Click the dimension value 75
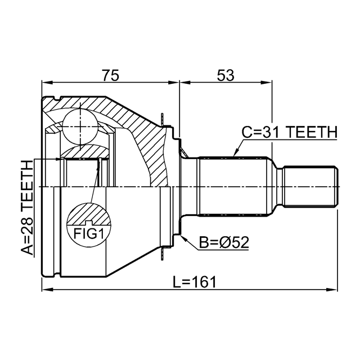click(111, 75)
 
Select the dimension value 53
click(226, 75)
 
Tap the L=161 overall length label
click(195, 282)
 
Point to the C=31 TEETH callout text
click(290, 132)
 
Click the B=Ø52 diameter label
click(224, 242)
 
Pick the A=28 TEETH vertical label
click(27, 208)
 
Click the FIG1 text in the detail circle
click(89, 233)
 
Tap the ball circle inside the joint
click(80, 127)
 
